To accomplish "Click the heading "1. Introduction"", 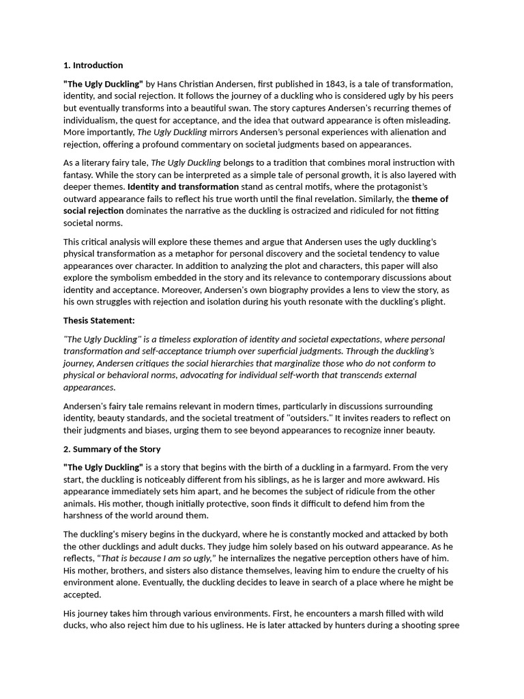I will point(93,66).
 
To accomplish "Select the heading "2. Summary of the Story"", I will point(112,449).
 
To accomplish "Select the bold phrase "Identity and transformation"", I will point(183,186).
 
